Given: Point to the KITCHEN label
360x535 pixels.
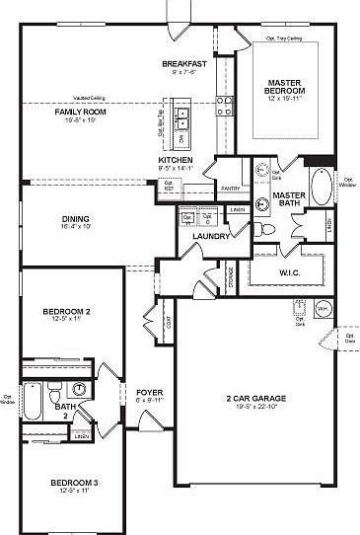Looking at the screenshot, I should pos(176,160).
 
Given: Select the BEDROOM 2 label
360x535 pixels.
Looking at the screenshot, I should pos(67,313).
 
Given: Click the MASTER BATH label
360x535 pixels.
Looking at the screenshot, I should pos(286,200).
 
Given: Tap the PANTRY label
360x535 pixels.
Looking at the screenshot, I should pos(231,187).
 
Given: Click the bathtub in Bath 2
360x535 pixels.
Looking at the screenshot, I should pos(32,402).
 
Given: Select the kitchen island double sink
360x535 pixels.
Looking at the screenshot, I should pos(182,117).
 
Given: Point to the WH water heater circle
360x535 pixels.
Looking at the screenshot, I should pos(322,308).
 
